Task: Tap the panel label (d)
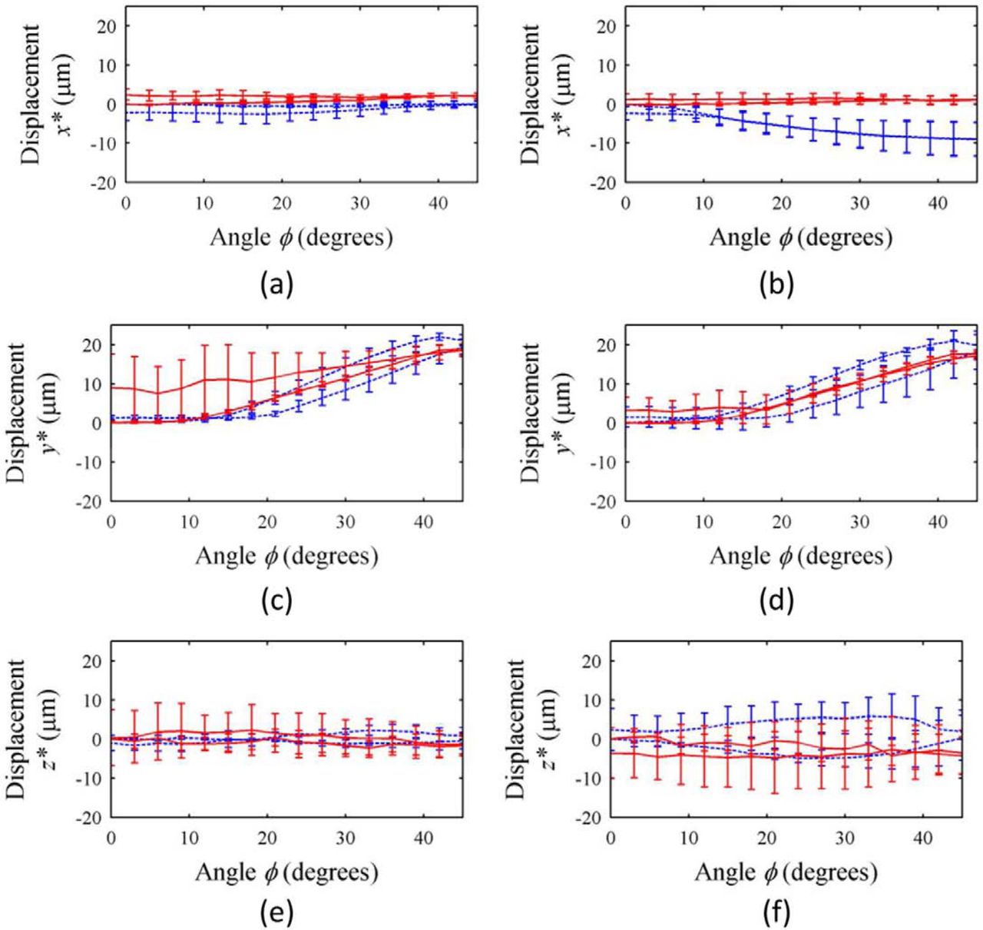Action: coord(776,602)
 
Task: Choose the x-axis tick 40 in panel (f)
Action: coord(923,837)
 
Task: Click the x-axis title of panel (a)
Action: coord(301,237)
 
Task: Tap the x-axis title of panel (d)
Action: coord(800,556)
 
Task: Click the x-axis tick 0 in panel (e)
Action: coord(112,837)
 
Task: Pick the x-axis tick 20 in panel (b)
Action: coord(782,202)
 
